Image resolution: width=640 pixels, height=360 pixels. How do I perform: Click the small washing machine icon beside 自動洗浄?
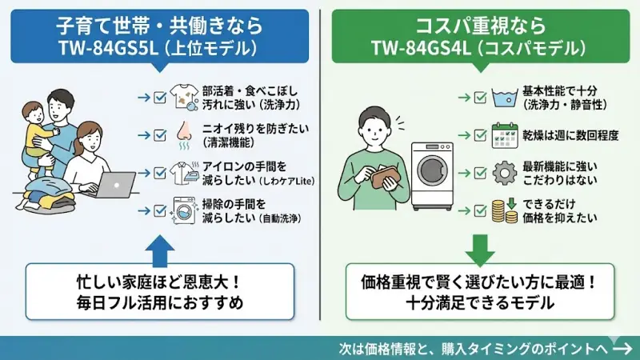(185, 211)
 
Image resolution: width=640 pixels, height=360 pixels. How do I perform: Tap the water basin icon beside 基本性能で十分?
(503, 98)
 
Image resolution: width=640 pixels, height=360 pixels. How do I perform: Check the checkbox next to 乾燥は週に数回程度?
(480, 135)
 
